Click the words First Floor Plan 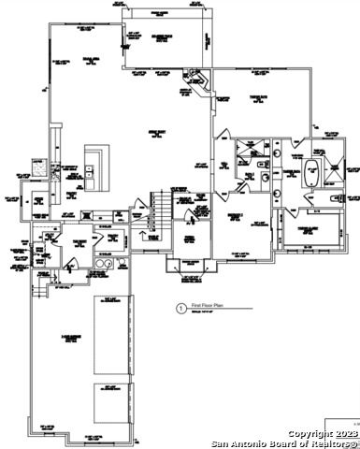coord(211,306)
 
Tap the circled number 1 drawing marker coord(180,306)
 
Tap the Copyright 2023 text coord(322,434)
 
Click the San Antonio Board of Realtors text coord(284,443)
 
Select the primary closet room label coord(310,229)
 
